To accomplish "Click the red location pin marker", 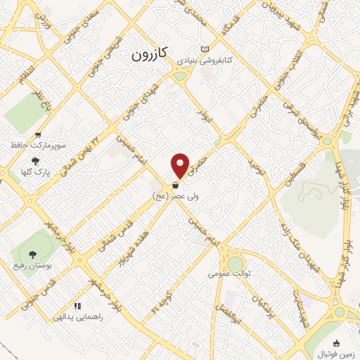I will pos(181,165).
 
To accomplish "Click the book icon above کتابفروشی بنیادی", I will pos(205,50).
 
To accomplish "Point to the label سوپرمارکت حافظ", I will pos(37,145).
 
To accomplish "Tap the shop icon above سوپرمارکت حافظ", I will pos(37,134).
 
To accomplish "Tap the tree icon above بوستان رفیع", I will pos(32,254).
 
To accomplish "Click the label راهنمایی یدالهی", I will pos(78,317).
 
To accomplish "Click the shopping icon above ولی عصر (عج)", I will pos(174,186).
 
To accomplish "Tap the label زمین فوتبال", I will pos(337,353).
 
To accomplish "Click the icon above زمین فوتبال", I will pos(337,342).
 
